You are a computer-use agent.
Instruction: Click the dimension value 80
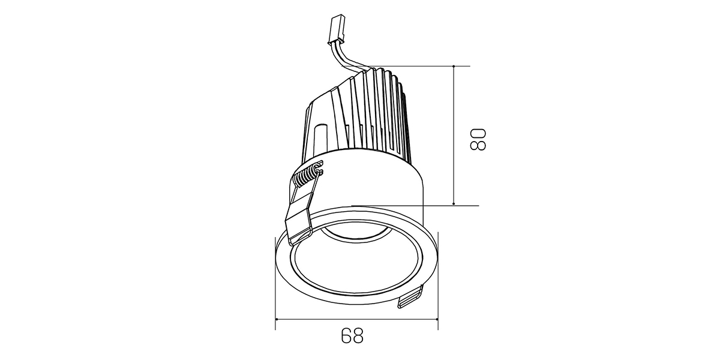(478, 139)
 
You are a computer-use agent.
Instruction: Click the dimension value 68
(352, 335)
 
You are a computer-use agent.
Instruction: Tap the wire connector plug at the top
(335, 29)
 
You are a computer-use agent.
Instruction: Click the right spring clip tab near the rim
(410, 298)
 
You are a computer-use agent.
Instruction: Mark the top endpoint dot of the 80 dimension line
(454, 66)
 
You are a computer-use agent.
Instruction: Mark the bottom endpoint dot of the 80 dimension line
(454, 204)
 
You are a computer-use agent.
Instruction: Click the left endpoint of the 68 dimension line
(276, 319)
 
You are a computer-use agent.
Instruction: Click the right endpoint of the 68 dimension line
(438, 319)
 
